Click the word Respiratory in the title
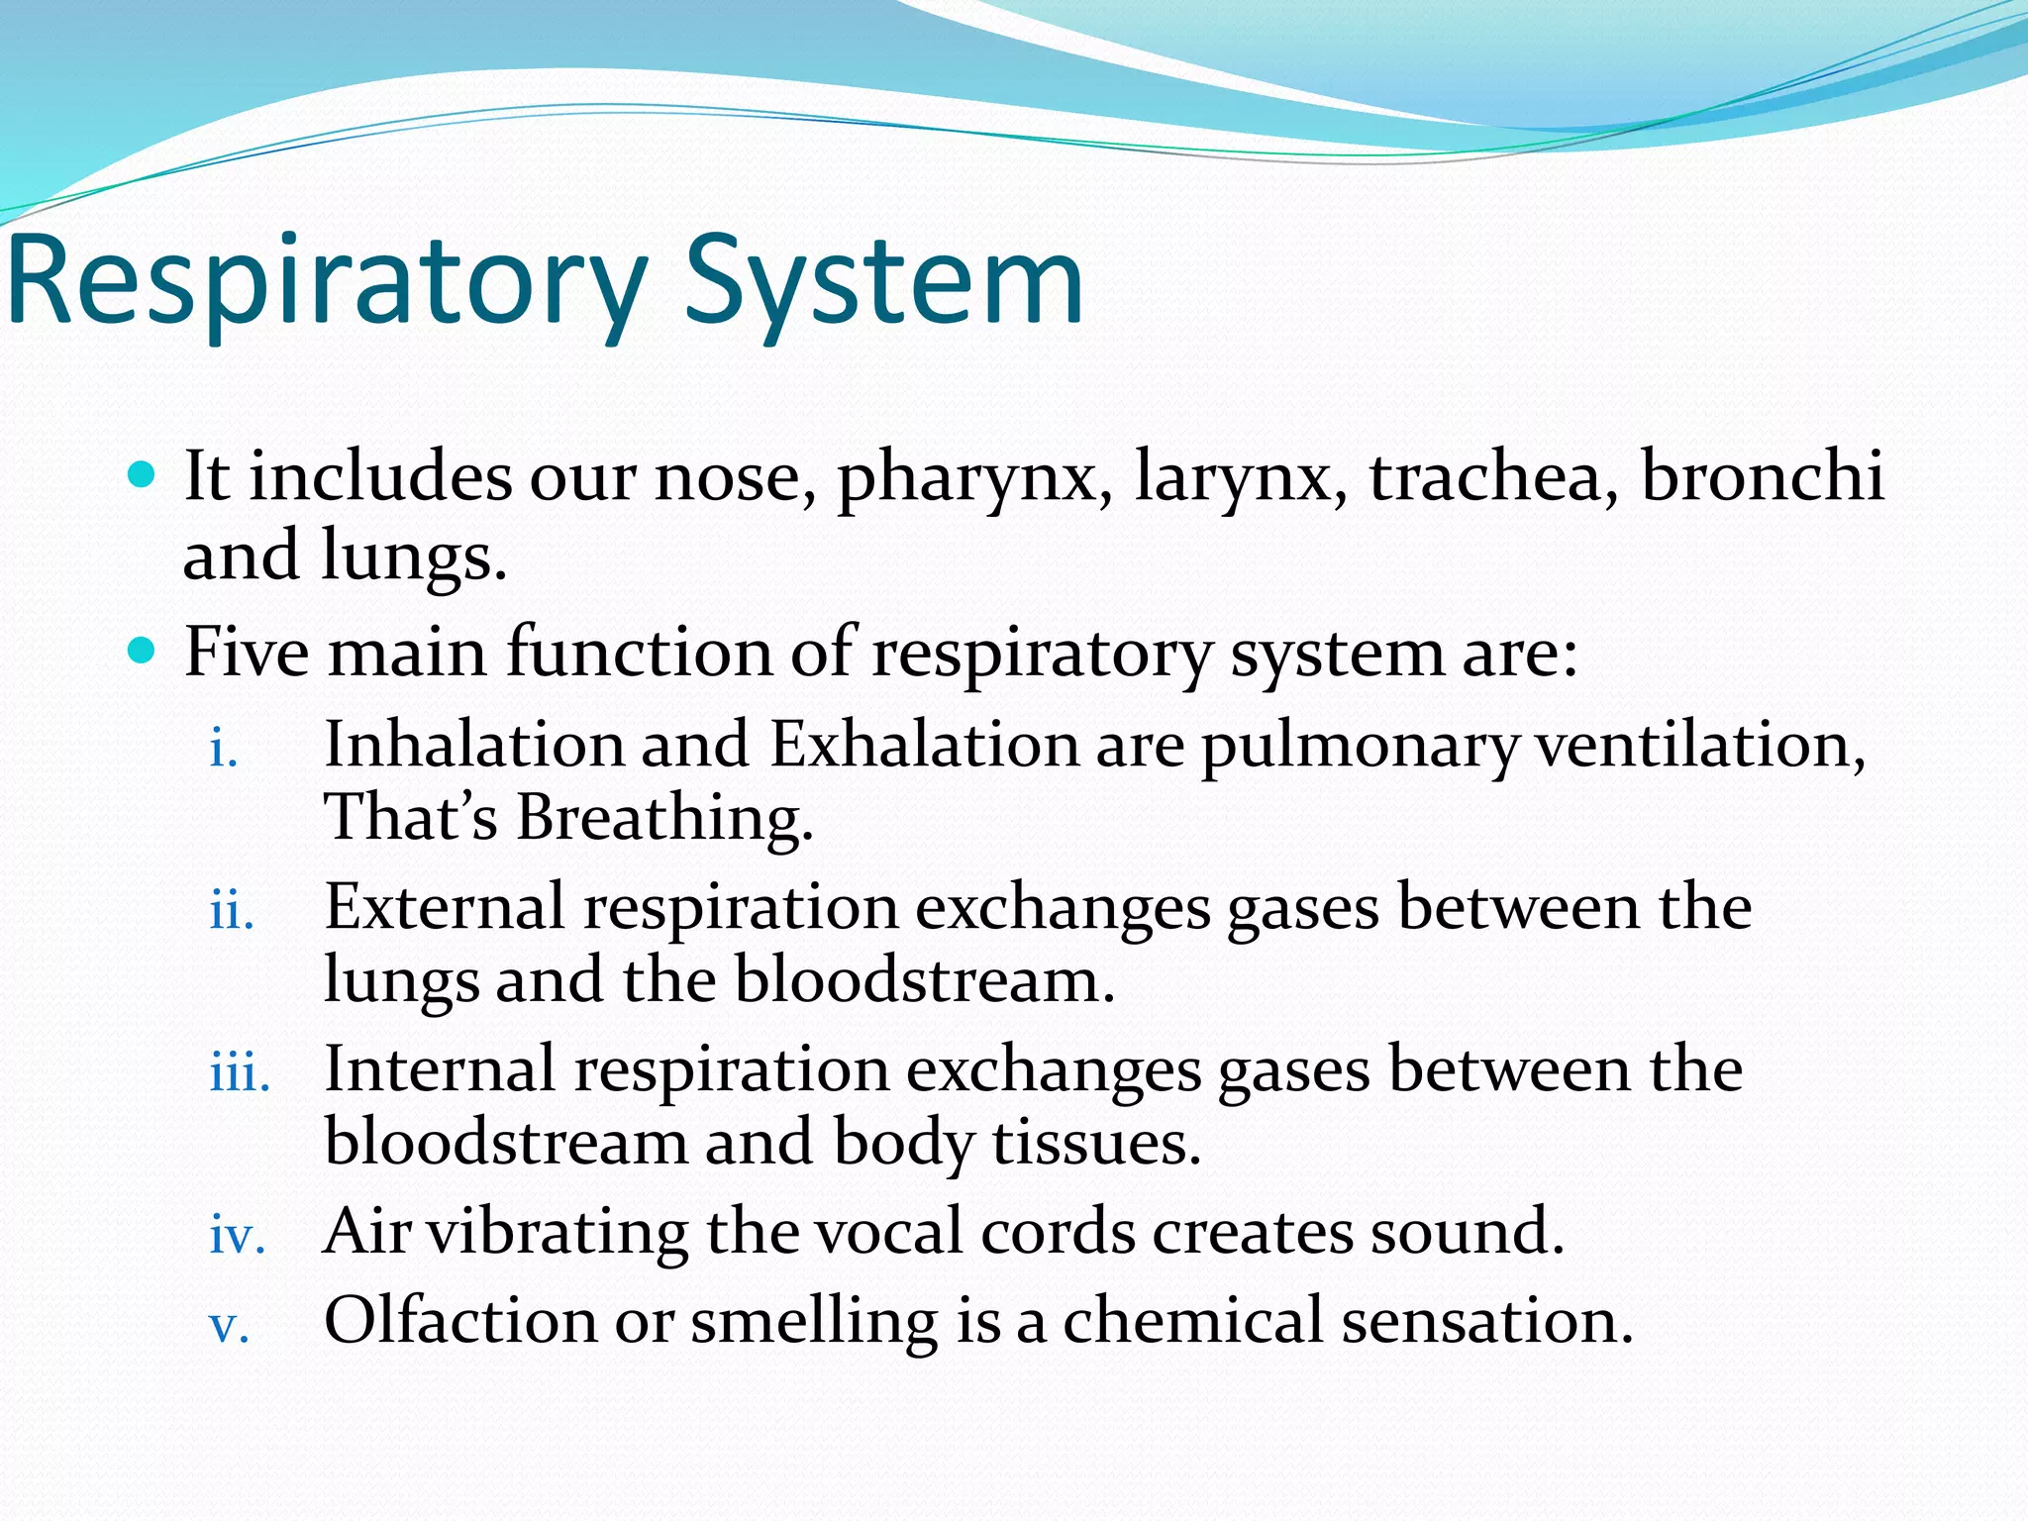click(327, 282)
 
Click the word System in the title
click(883, 282)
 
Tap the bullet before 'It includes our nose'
click(144, 476)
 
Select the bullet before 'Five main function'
click(144, 652)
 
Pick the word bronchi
click(1762, 476)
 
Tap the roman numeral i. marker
click(224, 750)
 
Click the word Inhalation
click(473, 745)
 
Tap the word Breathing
click(663, 820)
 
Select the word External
click(445, 907)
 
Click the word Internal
click(440, 1069)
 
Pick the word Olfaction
click(460, 1321)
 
